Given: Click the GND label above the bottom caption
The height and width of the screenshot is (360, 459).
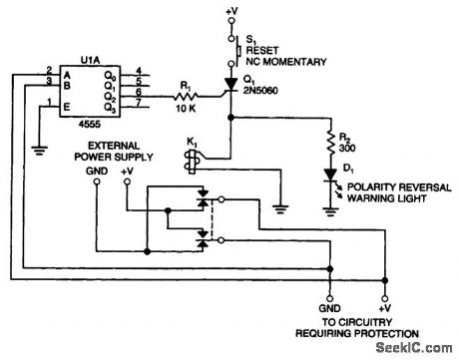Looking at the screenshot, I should click(325, 310).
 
